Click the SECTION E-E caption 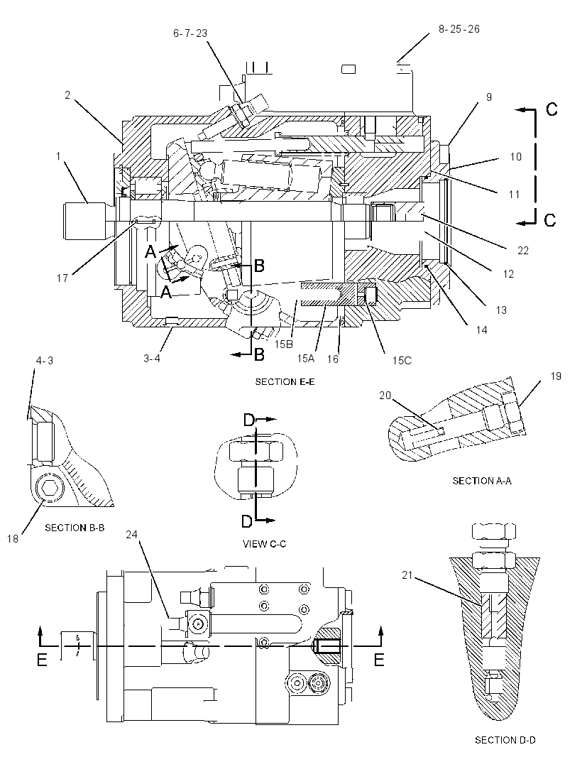pos(285,382)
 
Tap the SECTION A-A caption pos(482,481)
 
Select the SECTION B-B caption pos(75,528)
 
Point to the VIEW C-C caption pos(264,544)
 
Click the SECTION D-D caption pos(505,740)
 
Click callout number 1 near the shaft pos(58,156)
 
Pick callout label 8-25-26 pos(459,29)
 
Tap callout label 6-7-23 pos(190,33)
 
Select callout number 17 pos(62,278)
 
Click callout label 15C pos(402,361)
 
